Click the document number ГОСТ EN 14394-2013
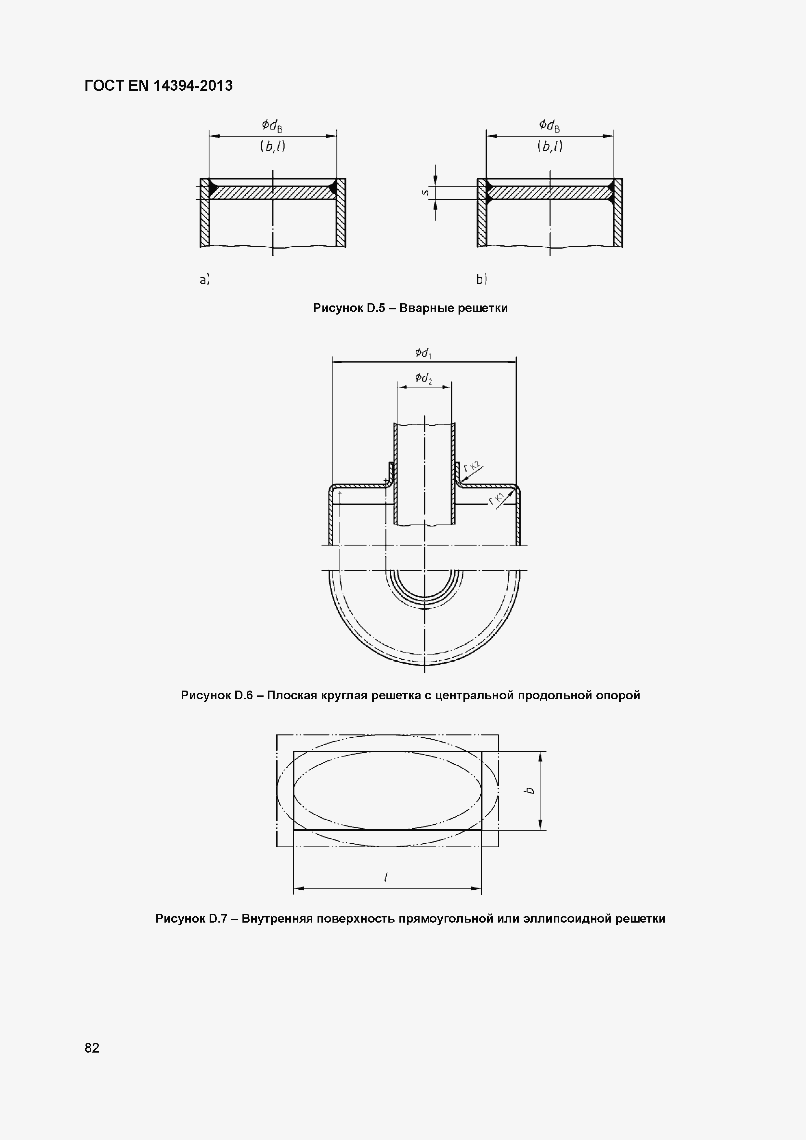[158, 86]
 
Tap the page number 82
[92, 1048]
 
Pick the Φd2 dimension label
[423, 378]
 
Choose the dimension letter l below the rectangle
[386, 877]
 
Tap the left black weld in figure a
[212, 188]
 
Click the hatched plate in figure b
[550, 193]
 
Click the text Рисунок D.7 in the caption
[191, 919]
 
